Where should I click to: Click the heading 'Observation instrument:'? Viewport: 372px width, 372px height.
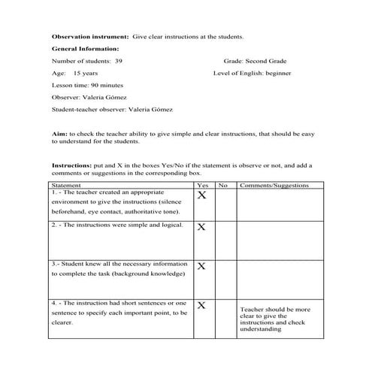(89, 35)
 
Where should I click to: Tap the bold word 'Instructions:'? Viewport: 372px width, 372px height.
(71, 165)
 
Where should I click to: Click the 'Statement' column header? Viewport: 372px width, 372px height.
(68, 185)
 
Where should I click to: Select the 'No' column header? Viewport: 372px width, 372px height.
(223, 185)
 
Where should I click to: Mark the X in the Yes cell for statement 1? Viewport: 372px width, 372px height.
(201, 197)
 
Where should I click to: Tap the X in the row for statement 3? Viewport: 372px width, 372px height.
(201, 266)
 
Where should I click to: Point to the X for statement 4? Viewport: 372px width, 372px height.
(201, 305)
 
